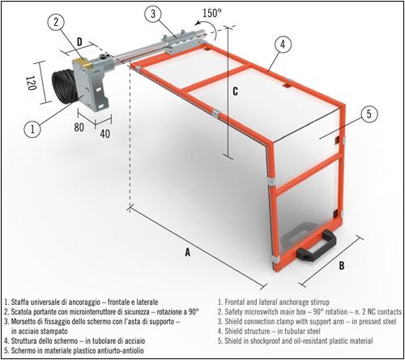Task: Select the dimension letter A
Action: click(187, 252)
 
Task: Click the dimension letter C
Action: click(234, 91)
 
